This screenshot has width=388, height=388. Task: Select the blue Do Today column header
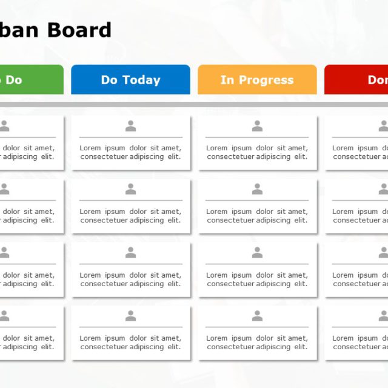pos(130,80)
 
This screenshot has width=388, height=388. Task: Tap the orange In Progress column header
pos(257,80)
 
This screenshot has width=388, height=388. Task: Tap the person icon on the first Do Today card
pos(130,126)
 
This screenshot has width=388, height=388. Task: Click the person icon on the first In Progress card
pos(257,126)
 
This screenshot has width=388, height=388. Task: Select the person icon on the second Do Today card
pos(130,189)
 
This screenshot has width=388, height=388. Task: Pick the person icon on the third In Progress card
pos(257,253)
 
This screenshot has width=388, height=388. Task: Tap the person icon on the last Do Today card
pos(130,316)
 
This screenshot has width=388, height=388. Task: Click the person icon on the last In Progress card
pos(257,316)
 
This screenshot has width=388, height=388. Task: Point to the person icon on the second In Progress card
pos(257,189)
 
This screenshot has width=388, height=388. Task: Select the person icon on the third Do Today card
pos(130,253)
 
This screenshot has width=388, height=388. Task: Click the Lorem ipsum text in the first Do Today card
pos(130,152)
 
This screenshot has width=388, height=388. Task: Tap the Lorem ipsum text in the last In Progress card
pos(257,343)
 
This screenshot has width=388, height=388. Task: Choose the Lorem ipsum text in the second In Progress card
pos(257,216)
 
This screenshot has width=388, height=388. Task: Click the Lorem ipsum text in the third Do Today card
pos(130,279)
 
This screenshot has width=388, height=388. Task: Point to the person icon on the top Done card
pos(383,126)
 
